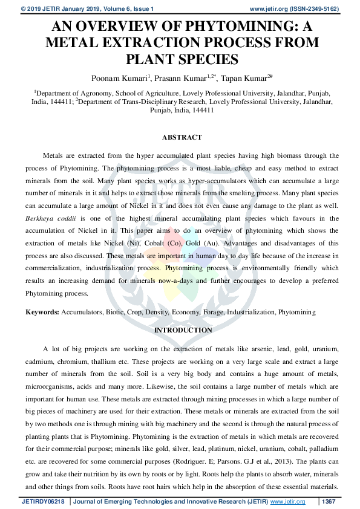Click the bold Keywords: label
(x=42, y=312)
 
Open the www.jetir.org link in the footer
(x=287, y=501)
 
